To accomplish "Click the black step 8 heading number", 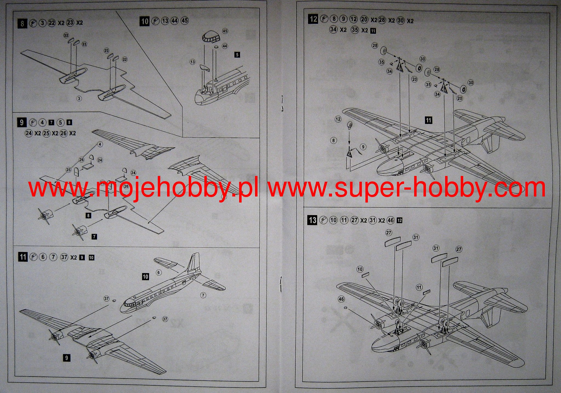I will pos(22,24).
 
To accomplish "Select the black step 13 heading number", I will pos(313,220).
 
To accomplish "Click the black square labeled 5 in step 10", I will pos(237,55).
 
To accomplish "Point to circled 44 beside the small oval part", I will pos(225,46).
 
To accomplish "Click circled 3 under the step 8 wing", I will pos(79,98).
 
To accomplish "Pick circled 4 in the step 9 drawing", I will pos(100,144).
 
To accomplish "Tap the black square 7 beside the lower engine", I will pos(94,236).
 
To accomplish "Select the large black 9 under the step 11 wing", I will pos(67,358).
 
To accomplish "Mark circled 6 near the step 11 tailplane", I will pos(158,272).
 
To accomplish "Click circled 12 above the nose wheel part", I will pos(338,119).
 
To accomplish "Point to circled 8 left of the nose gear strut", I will pos(333,140).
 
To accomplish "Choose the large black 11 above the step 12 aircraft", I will pos(428,120).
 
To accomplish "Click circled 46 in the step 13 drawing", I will pos(341,299).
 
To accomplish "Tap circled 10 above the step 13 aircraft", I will pos(360,269).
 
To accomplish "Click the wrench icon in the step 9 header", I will pos(33,123).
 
